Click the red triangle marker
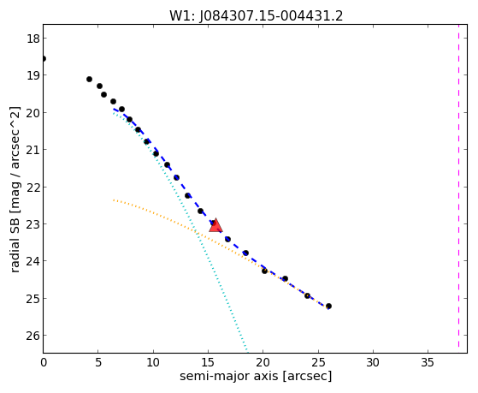click(x=215, y=225)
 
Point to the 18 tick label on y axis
click(x=32, y=39)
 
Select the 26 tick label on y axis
click(x=32, y=336)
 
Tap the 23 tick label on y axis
click(x=32, y=224)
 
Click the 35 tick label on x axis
click(x=428, y=362)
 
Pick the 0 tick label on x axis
click(x=44, y=362)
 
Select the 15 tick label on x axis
click(x=208, y=362)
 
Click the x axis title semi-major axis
click(x=228, y=376)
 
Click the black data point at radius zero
click(x=44, y=58)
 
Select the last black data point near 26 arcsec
click(x=328, y=306)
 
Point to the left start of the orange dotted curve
click(x=114, y=200)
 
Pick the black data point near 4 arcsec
click(x=89, y=79)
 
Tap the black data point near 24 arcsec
click(x=307, y=295)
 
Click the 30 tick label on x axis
click(x=373, y=362)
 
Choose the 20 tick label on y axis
click(x=32, y=113)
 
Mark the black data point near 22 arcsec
click(x=285, y=278)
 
